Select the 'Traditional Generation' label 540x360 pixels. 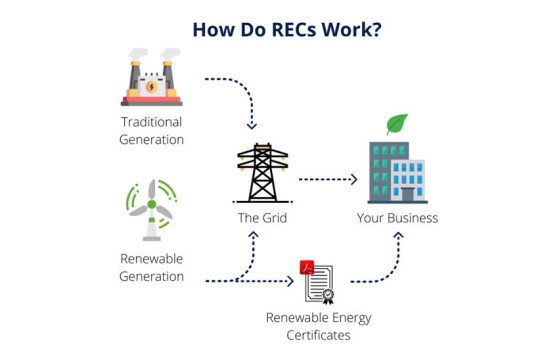tap(152, 131)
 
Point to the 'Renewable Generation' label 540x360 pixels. tap(152, 266)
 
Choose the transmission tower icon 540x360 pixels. tap(262, 174)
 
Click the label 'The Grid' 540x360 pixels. tap(262, 217)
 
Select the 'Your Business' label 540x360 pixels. tap(397, 217)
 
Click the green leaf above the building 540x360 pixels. tap(397, 125)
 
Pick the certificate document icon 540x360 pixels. tap(318, 283)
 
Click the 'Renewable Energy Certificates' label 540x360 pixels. tap(318, 326)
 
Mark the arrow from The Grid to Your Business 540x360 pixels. tap(328, 180)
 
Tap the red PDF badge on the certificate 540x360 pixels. tap(308, 267)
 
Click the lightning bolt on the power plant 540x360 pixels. tap(152, 85)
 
